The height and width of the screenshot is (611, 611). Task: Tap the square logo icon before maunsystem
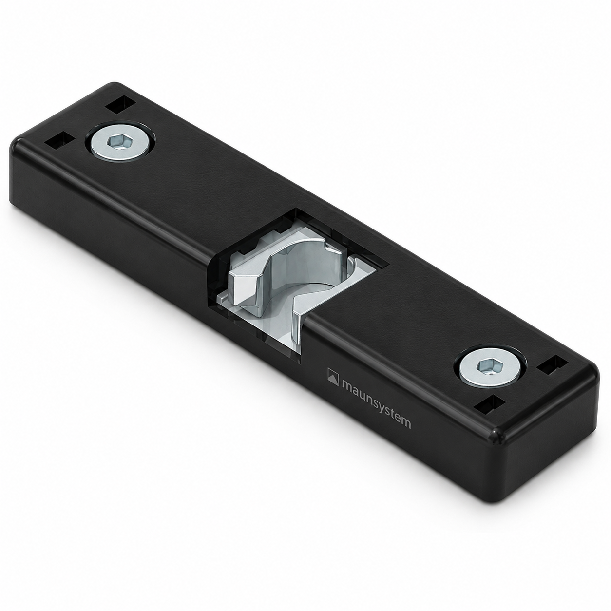tap(333, 377)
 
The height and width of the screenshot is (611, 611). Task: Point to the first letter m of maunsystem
tap(348, 385)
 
